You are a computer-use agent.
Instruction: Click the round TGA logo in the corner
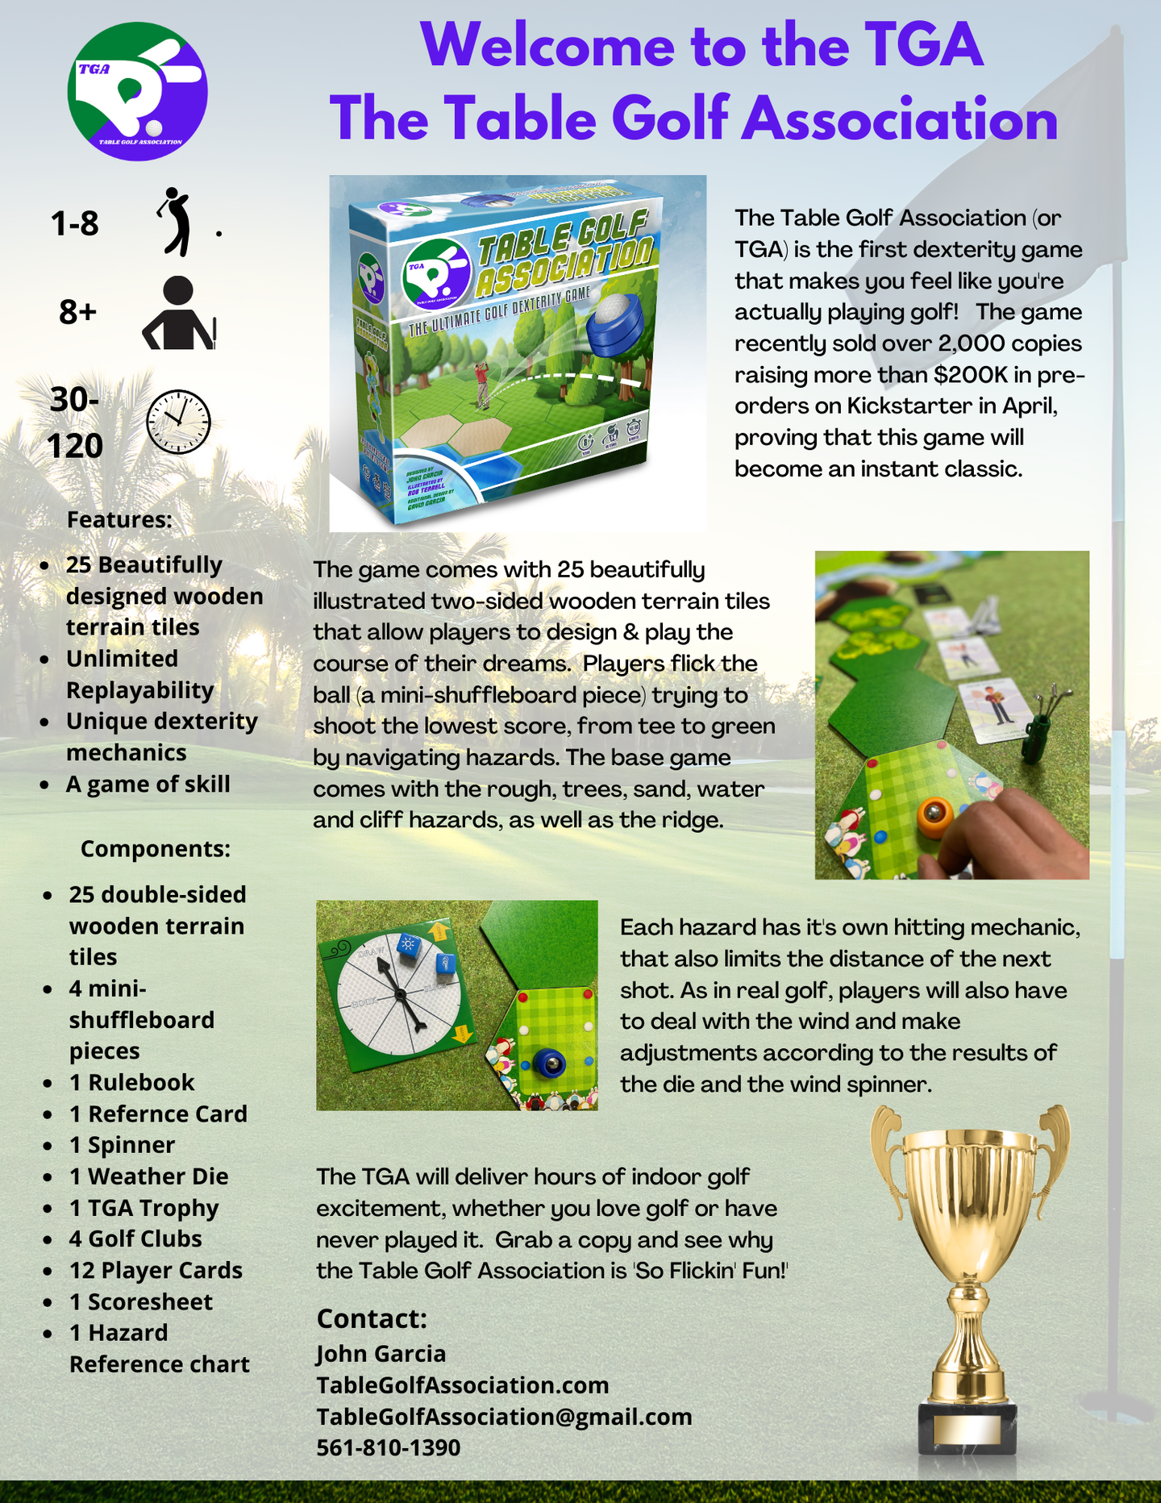tap(137, 91)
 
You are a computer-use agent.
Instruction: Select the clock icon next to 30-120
tap(178, 422)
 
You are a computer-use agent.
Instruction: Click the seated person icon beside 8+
tap(178, 314)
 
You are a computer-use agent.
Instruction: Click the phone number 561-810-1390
tap(388, 1447)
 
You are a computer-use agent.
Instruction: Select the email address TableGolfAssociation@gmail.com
tap(504, 1416)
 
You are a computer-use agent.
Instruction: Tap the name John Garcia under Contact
tap(381, 1353)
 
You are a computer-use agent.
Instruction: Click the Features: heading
tap(119, 519)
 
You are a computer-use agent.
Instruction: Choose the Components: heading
tap(156, 848)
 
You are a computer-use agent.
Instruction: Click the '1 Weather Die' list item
tap(149, 1176)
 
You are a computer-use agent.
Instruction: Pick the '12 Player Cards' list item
tap(156, 1270)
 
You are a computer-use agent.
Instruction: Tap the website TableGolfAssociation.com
tap(462, 1384)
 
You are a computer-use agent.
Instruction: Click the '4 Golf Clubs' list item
tap(135, 1239)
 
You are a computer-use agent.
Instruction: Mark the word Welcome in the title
tap(547, 45)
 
